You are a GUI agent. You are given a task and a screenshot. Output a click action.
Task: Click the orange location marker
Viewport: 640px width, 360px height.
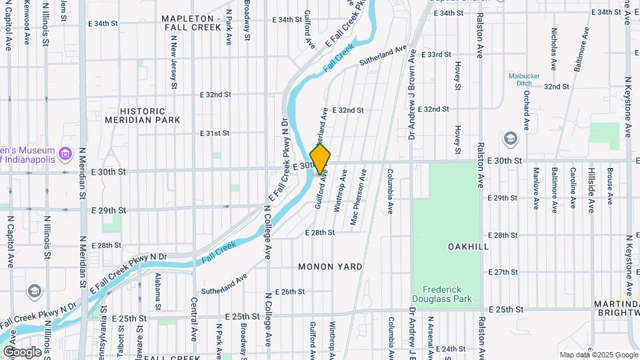coord(321,159)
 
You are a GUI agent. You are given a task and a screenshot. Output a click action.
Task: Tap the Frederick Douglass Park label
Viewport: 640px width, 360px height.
coord(445,294)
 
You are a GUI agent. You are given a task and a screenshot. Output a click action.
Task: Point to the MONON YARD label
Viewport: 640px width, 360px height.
coord(330,267)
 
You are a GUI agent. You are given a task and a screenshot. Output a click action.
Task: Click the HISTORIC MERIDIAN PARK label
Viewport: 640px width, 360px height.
coord(142,115)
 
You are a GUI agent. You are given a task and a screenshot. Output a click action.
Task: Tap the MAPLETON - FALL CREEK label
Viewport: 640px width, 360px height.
coord(191,23)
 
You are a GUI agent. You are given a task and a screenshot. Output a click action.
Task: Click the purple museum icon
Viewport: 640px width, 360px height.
coord(65,155)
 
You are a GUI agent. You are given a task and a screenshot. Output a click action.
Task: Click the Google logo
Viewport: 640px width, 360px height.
coord(21,351)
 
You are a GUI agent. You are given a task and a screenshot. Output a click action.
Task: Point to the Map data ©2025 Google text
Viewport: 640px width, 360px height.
coord(597,355)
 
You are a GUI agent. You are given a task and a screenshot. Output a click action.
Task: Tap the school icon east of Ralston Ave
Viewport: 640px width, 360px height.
coord(511,139)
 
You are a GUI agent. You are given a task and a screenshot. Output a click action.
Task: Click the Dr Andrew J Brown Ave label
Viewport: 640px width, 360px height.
coord(412,94)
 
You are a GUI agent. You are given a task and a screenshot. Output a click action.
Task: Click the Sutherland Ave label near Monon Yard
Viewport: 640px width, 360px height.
coord(225,284)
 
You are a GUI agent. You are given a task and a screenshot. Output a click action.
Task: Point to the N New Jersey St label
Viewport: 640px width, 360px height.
coord(174,61)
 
